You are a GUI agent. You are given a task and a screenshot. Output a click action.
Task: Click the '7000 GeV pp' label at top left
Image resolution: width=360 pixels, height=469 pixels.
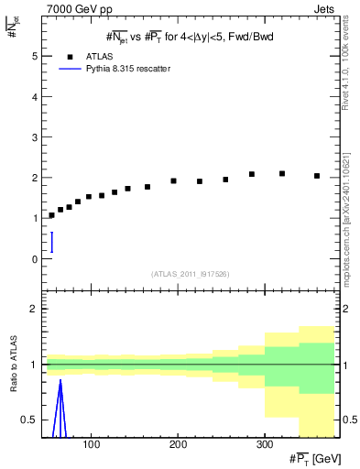click(x=75, y=8)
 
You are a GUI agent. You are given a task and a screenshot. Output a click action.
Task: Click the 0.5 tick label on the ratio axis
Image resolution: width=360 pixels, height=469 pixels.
click(x=29, y=420)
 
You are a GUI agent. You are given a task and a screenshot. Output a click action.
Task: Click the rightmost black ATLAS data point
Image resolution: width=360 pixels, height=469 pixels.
click(x=317, y=176)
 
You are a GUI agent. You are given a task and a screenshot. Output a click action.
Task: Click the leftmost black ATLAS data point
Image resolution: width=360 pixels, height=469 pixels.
click(x=51, y=215)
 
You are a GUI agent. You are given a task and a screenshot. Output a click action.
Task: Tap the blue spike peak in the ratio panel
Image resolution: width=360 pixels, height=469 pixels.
click(x=60, y=380)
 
